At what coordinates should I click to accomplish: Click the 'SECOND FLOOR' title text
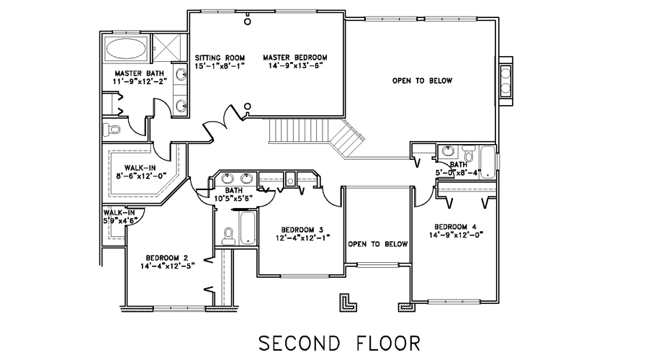tap(339, 343)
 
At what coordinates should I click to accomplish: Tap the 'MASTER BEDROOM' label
tap(295, 58)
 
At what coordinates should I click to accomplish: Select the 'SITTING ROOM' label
tap(220, 58)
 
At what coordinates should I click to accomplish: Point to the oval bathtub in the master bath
tap(126, 49)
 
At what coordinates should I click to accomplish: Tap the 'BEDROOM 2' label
tap(167, 258)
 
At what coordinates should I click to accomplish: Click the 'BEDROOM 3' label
tap(302, 230)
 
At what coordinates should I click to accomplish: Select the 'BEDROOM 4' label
tap(456, 227)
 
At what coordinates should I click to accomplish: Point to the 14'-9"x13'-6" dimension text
tap(295, 66)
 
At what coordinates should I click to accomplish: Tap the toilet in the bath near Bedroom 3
tap(228, 236)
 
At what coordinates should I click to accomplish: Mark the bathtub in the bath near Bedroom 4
tap(487, 161)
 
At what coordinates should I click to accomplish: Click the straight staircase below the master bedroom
tap(299, 130)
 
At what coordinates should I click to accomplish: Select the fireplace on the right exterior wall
tap(505, 81)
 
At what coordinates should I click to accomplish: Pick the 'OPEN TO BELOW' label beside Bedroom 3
tap(378, 244)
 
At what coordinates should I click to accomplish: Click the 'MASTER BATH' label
tap(139, 73)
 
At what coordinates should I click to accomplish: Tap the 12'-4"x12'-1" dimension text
tap(302, 238)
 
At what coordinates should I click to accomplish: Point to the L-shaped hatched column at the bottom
tap(348, 302)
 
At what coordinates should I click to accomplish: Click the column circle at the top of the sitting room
tap(247, 22)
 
